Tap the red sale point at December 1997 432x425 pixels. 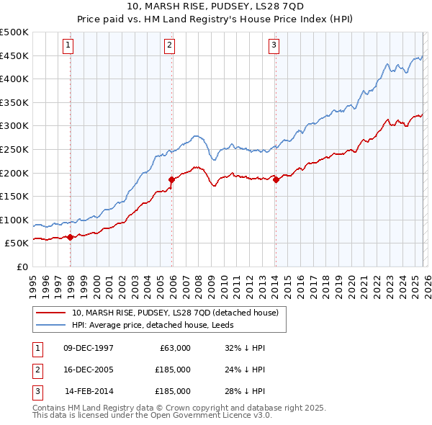(70, 237)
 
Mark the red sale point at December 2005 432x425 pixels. (171, 179)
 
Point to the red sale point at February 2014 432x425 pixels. (276, 179)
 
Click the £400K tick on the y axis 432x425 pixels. (14, 79)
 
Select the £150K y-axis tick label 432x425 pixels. (14, 196)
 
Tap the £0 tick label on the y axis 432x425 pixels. (22, 267)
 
